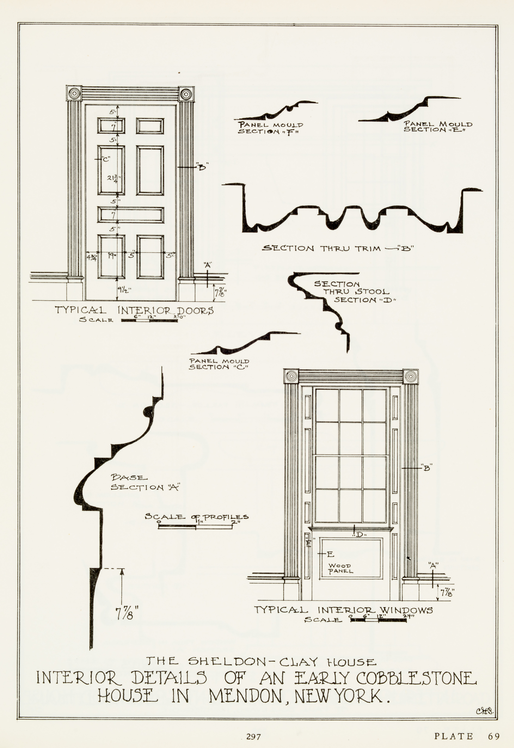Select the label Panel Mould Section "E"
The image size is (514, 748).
[438, 127]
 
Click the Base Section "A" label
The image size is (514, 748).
[145, 483]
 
